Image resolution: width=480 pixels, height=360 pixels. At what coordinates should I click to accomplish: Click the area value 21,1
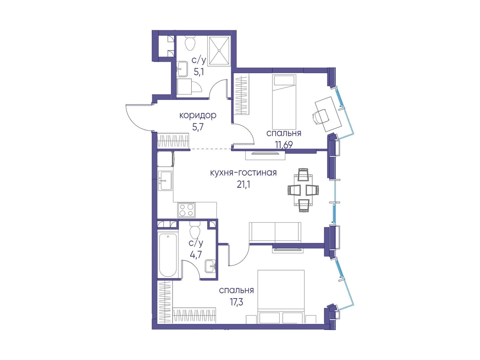click(243, 185)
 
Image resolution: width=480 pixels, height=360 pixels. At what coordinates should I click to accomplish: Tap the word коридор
click(198, 115)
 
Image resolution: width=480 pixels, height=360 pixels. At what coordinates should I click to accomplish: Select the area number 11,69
click(284, 144)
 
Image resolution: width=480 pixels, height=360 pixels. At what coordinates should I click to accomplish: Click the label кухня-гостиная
click(243, 173)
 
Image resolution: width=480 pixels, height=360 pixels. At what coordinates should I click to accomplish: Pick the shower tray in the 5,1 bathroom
click(219, 51)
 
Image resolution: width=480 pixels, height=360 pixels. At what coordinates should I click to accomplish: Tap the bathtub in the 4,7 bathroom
click(168, 255)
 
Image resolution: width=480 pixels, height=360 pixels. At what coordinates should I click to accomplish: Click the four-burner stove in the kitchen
click(187, 210)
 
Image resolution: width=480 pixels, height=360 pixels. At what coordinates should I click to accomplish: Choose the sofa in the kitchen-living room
click(275, 232)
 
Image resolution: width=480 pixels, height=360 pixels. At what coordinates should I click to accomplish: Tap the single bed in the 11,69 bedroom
click(284, 102)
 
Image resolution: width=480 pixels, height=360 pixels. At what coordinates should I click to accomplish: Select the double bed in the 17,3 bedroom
click(281, 296)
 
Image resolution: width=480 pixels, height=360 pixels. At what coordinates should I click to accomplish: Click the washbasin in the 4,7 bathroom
click(210, 266)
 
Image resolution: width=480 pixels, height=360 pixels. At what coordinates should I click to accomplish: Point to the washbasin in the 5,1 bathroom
click(182, 69)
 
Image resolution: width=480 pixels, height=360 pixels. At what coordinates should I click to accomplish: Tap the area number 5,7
click(198, 127)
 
